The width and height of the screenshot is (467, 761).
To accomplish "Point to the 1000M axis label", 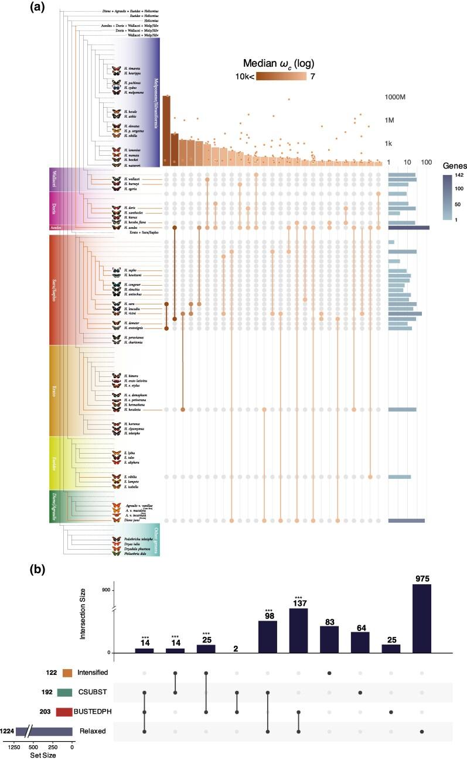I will point(396,98).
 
